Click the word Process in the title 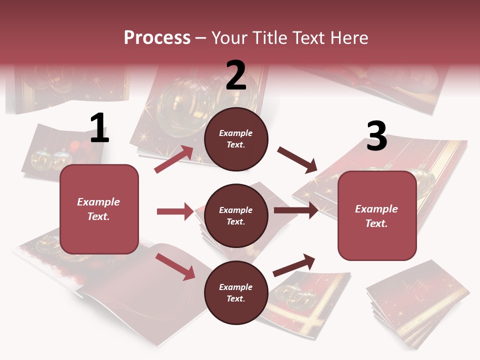pos(157,37)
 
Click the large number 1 pos(99,128)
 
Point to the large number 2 pos(236,75)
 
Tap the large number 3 pos(376,136)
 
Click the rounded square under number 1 pos(99,209)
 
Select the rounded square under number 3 pos(377,215)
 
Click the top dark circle pos(236,139)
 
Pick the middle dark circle pos(236,215)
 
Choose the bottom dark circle pos(236,292)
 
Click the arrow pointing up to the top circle pos(174,159)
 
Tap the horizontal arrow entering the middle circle pos(175,211)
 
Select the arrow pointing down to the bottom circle pos(175,266)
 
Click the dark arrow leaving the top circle pos(298,160)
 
